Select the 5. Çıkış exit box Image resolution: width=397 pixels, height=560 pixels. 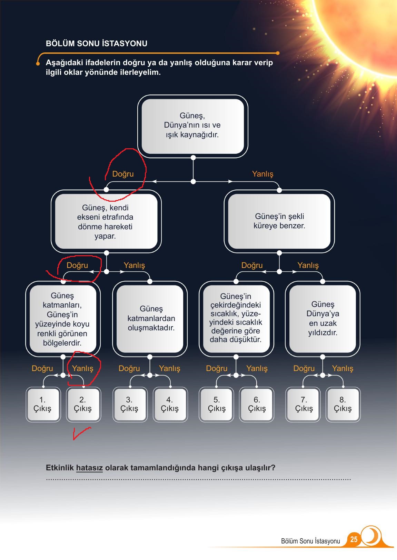[217, 404]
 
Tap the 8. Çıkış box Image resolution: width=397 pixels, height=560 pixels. [343, 404]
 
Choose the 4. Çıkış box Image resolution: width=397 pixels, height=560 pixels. [170, 404]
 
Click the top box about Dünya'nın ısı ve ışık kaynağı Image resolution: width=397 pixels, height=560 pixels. [193, 127]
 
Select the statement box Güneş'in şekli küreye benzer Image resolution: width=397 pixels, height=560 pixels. [279, 221]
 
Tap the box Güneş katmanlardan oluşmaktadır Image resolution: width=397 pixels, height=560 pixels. [150, 319]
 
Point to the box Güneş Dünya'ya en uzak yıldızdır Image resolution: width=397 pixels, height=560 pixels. [322, 319]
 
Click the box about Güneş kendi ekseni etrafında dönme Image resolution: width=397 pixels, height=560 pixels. [106, 221]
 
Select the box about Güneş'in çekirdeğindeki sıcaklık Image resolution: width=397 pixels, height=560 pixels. [236, 319]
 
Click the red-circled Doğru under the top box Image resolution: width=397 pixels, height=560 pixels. [123, 174]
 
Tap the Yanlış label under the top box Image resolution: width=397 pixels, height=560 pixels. [262, 174]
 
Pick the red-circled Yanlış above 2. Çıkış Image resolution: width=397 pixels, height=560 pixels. [82, 368]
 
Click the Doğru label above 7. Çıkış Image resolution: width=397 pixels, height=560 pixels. [304, 368]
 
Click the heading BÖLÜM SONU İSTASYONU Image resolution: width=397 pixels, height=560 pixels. [97, 43]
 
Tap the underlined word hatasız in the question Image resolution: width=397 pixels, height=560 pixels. [89, 468]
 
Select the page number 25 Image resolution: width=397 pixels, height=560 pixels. [354, 539]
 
